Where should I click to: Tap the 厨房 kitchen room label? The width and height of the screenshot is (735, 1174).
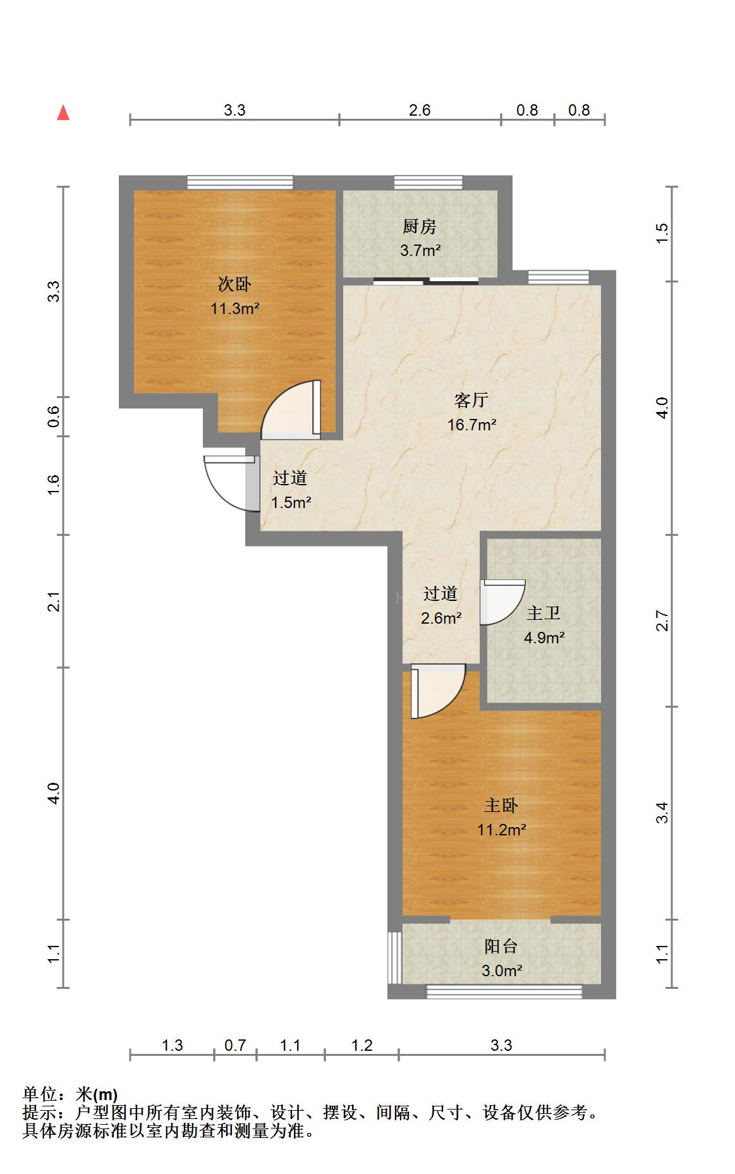point(420,226)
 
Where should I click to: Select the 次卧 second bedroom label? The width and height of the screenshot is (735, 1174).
point(234,284)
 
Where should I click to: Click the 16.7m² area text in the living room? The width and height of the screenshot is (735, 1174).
point(471,425)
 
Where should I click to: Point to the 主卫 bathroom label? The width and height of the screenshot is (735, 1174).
point(544,613)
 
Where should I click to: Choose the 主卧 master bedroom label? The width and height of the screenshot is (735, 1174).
point(501,805)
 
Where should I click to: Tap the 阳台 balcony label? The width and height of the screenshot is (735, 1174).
point(501,946)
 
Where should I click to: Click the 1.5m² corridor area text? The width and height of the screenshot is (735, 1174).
point(291,503)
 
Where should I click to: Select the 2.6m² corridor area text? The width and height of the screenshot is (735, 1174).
point(441,618)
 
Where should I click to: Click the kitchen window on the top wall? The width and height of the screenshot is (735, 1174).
point(428,183)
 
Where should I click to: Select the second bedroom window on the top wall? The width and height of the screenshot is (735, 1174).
point(240,183)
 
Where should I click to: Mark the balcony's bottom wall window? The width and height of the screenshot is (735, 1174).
point(504,992)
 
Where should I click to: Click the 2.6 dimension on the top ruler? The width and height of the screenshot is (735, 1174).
point(420,111)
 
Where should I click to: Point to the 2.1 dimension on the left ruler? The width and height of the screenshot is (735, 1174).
point(55,602)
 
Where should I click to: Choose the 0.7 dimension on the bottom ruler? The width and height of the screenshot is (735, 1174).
point(235,1046)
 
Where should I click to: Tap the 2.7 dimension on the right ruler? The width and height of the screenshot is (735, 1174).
point(662,620)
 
